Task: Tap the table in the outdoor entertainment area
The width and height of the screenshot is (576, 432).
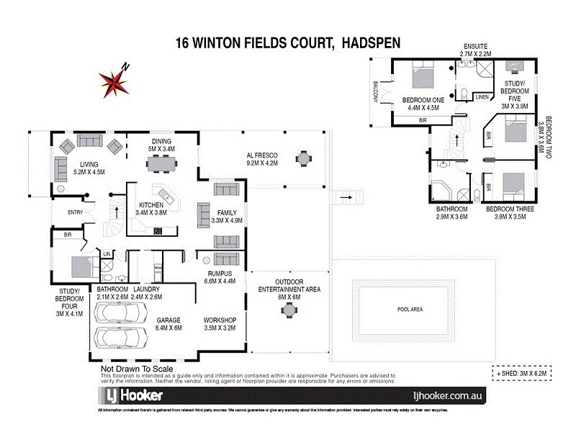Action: point(289,310)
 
